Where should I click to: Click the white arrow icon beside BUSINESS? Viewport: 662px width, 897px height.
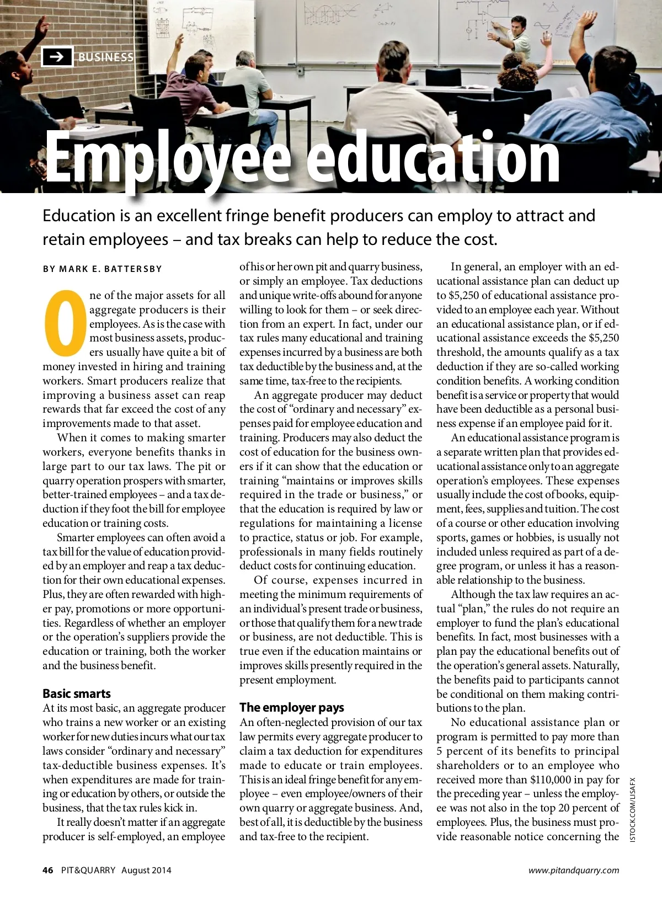coord(57,57)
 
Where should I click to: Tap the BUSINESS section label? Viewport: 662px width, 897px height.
coord(105,57)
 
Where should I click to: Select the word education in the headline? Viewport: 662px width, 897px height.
coord(433,157)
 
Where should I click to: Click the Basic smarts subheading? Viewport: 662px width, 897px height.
coord(77,693)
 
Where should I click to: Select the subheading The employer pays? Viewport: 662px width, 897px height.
coord(291,707)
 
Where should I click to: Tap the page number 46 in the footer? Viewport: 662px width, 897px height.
coord(48,871)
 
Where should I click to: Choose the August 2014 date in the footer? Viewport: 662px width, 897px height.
coord(146,871)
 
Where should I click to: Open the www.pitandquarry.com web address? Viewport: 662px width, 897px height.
coord(573,871)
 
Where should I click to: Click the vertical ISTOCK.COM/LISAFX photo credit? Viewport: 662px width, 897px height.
coord(632,809)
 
